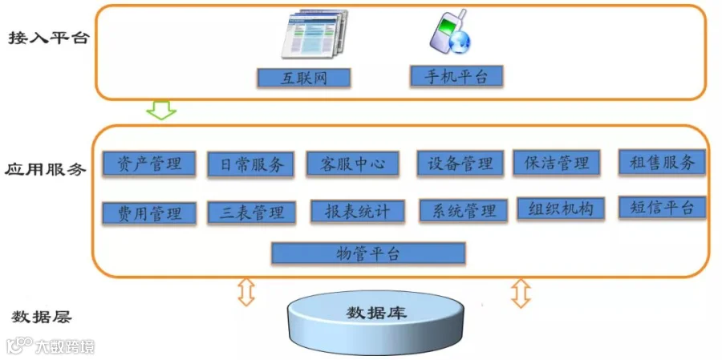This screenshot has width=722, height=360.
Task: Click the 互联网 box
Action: point(304,77)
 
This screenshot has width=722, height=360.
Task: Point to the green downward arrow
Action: point(163,110)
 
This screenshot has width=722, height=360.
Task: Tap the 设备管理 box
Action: point(460,164)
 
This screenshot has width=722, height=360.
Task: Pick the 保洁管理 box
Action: point(556,163)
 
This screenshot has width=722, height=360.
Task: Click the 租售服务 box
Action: point(662,162)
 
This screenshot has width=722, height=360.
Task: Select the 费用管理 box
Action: point(149,213)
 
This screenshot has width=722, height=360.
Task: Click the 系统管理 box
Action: point(463,211)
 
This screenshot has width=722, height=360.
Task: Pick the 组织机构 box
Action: point(561,208)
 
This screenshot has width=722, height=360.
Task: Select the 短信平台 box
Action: point(662,207)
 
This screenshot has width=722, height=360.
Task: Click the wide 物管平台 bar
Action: point(368,253)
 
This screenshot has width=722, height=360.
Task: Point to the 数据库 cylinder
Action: point(375,319)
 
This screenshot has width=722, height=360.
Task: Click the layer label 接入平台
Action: point(47,38)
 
